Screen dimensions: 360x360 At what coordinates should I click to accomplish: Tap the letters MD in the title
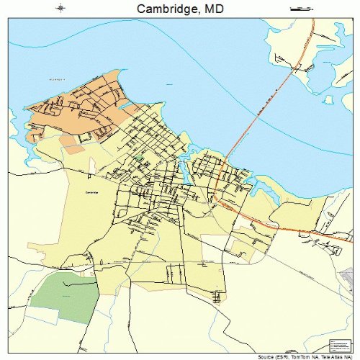(x=210, y=9)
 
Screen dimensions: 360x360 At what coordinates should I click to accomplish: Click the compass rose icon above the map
(x=60, y=9)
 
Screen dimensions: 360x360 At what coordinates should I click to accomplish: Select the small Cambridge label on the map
(x=91, y=193)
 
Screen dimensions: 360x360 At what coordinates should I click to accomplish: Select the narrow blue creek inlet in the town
(x=184, y=170)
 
